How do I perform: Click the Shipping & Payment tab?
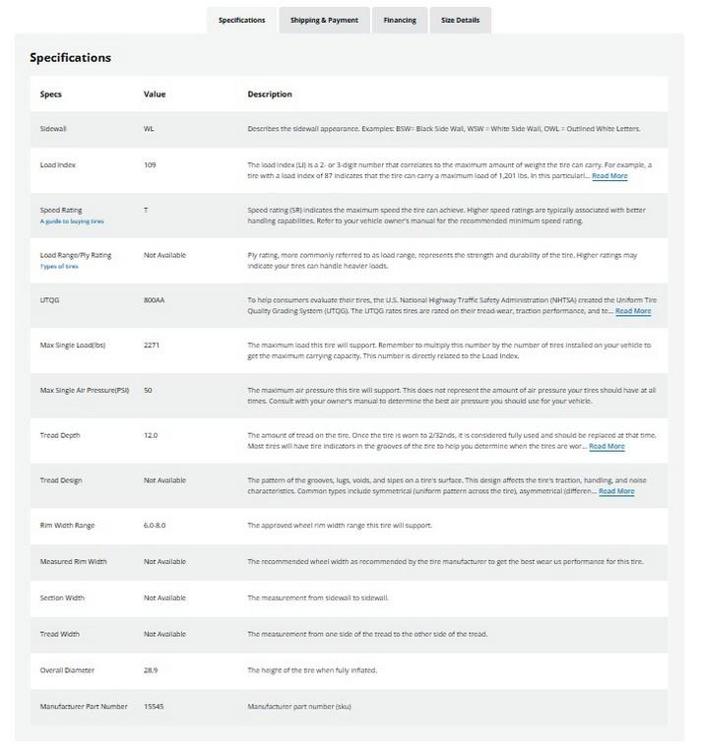(324, 20)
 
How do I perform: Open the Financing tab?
(400, 20)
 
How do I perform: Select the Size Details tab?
(461, 20)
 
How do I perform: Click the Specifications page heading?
(70, 57)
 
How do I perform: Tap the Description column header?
(270, 94)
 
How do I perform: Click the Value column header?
(155, 94)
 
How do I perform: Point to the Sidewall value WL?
(149, 129)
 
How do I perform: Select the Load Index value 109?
(150, 164)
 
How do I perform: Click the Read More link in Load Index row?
(609, 176)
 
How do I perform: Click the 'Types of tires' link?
(60, 267)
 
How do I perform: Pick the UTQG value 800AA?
(155, 299)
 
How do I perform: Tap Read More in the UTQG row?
(633, 311)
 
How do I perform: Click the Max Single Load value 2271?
(152, 345)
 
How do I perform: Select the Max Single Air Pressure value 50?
(148, 391)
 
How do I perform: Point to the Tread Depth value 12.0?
(151, 434)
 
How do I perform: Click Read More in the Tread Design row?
(616, 491)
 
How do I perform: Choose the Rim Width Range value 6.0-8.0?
(155, 525)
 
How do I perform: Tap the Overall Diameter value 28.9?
(151, 670)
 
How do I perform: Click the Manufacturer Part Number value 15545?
(155, 707)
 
